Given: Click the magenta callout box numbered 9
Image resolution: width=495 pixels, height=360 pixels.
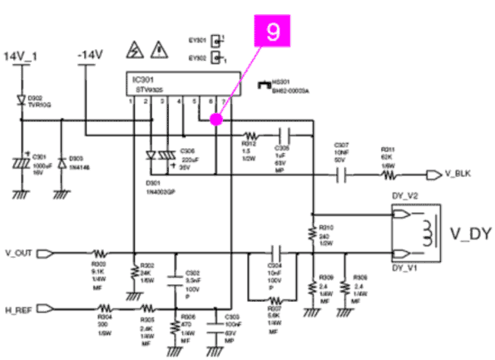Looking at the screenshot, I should click(x=274, y=32).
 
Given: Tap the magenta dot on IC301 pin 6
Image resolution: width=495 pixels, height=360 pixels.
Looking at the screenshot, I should click(x=215, y=120).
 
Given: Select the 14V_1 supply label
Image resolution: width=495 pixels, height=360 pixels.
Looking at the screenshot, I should click(x=22, y=56).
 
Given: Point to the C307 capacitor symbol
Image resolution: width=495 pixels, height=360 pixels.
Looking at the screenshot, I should click(x=340, y=175).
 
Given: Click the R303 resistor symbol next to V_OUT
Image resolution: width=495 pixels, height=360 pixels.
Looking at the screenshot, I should click(x=99, y=253).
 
